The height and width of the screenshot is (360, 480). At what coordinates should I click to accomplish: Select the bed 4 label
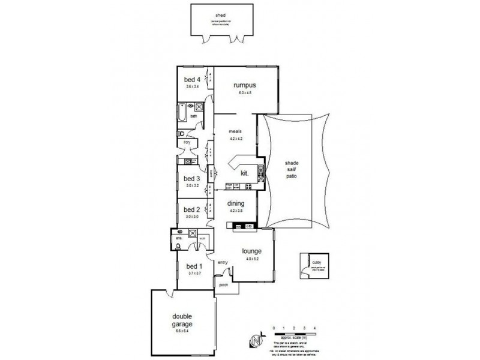191,79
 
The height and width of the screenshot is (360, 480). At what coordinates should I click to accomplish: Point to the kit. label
245,173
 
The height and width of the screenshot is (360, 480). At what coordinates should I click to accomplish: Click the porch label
224,285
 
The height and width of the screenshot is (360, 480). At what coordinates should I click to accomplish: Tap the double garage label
182,319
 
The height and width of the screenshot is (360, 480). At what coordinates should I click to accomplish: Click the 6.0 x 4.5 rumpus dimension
245,93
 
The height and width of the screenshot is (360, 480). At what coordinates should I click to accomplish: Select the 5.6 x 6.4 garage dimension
182,331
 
